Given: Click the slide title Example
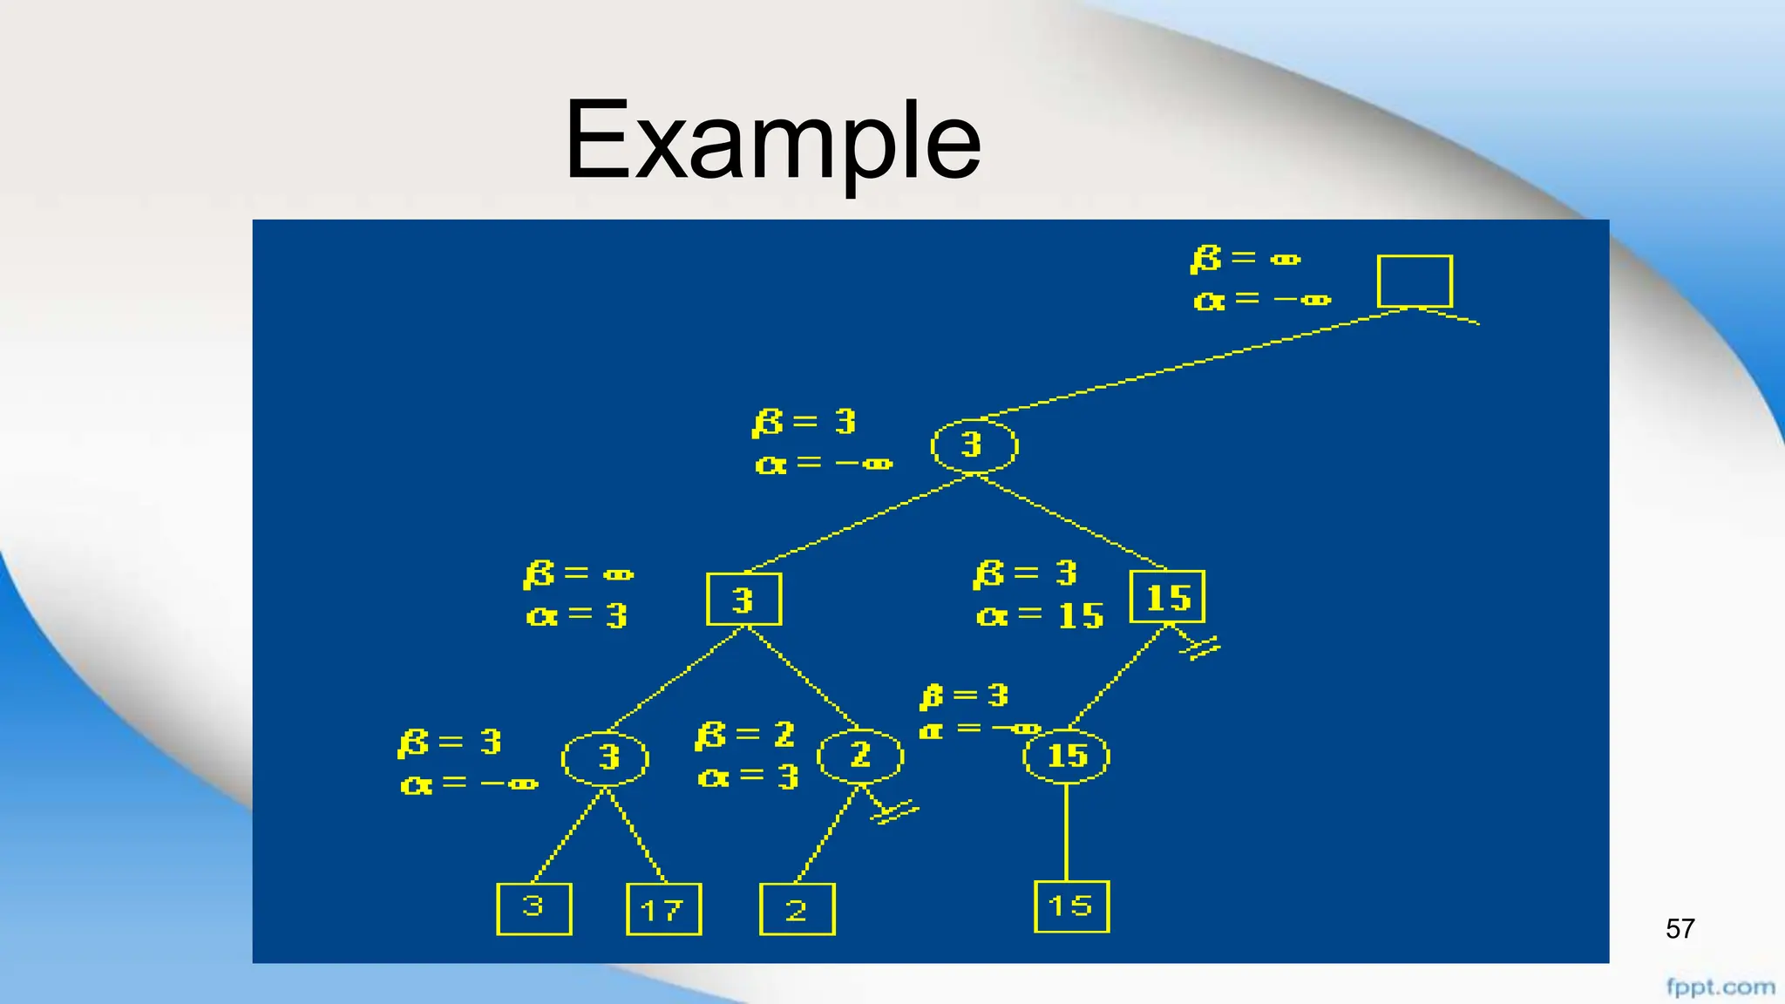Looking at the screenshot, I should click(x=772, y=141).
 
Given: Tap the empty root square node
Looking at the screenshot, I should click(x=1414, y=281).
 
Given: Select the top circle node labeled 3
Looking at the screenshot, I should click(x=974, y=445).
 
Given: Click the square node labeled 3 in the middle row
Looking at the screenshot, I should click(x=743, y=599).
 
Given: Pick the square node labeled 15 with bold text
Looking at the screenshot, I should click(x=1167, y=597).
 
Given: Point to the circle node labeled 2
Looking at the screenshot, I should click(x=860, y=755).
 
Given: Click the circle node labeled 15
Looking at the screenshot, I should click(x=1066, y=756).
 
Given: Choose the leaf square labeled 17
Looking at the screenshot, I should click(x=663, y=909).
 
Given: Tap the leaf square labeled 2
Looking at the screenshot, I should click(x=797, y=909).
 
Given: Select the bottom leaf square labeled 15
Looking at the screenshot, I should click(x=1071, y=906).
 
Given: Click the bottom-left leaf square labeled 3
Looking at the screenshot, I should click(x=533, y=909).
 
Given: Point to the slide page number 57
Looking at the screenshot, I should click(x=1680, y=929).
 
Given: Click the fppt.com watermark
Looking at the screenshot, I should click(x=1720, y=987).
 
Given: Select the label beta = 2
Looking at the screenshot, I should click(x=745, y=735).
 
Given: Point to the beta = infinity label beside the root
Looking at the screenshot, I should click(x=1245, y=259).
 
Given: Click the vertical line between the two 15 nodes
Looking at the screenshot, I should click(x=1067, y=832).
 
